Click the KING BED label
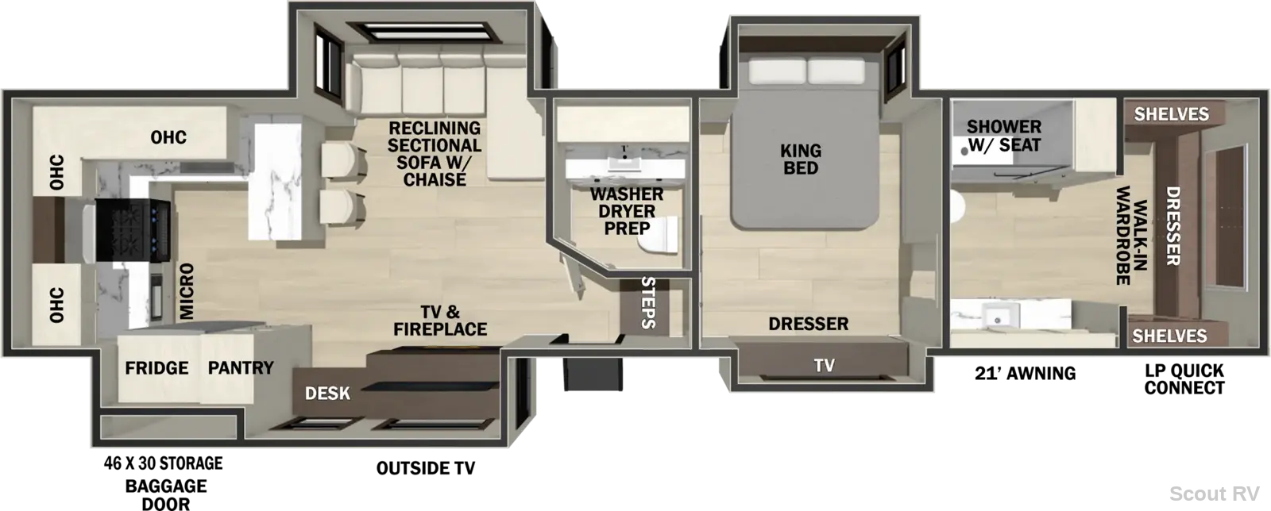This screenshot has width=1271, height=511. coord(801,159)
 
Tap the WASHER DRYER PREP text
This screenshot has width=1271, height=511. coord(627,211)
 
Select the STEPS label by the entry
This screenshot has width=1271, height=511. coord(648,302)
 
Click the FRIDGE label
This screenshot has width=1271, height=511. coord(156,368)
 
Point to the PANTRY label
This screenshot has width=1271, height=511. coord(241,368)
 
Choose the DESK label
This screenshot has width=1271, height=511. coord(327,393)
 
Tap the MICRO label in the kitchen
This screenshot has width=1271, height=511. coord(186,291)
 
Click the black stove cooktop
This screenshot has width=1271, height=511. coord(133,230)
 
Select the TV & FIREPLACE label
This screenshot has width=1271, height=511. coord(440,320)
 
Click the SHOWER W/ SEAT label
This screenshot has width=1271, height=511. coord(1004,136)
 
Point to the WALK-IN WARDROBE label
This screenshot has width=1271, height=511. coord(1132,236)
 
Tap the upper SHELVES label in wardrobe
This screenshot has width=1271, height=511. coord(1171,114)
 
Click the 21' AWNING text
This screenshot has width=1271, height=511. coord(1026,374)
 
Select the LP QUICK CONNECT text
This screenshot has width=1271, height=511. coord(1184,379)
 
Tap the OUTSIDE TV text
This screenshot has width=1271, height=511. coord(426,468)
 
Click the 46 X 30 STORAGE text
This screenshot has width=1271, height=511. coord(164,463)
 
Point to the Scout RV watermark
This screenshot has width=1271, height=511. coord(1215,494)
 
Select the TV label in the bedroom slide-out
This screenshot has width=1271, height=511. coord(824,366)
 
